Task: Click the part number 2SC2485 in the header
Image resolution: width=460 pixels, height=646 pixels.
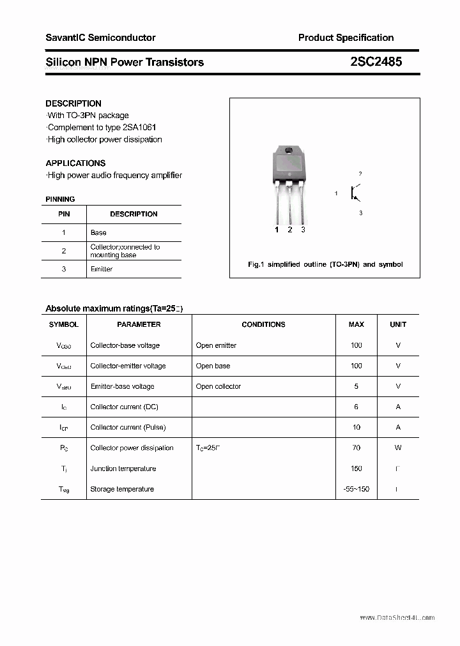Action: coord(376,62)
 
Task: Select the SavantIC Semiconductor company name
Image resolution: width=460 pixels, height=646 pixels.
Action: coord(100,38)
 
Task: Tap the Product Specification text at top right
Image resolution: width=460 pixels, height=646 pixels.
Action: coord(346,38)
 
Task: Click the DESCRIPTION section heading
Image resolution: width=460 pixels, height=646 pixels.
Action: coord(73,103)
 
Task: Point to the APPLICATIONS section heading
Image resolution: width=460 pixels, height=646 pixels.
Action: coord(75,163)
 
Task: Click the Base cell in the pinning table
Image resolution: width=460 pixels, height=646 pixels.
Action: coord(98,233)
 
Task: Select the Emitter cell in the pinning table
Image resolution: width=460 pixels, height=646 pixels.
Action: coord(102,269)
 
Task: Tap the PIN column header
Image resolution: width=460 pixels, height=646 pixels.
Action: coord(64,214)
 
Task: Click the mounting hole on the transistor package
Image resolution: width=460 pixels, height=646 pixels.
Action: coord(289,152)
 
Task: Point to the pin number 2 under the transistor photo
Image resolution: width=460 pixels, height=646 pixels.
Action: coord(290,230)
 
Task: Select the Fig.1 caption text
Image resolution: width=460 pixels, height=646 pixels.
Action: coord(325,264)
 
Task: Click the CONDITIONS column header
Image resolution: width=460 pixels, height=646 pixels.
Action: coord(263,324)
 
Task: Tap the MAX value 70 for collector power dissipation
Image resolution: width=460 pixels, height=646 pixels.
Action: coord(356,448)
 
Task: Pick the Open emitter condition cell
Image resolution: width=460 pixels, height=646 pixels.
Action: coord(216,345)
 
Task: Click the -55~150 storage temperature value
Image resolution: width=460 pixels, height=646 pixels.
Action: coord(356,489)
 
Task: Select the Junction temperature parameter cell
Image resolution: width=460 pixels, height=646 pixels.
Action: coord(123,469)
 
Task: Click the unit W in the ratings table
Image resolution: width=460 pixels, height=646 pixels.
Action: coord(398,448)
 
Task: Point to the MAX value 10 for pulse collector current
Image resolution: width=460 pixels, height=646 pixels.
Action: coord(356,428)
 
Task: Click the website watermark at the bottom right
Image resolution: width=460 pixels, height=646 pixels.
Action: coord(397,618)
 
